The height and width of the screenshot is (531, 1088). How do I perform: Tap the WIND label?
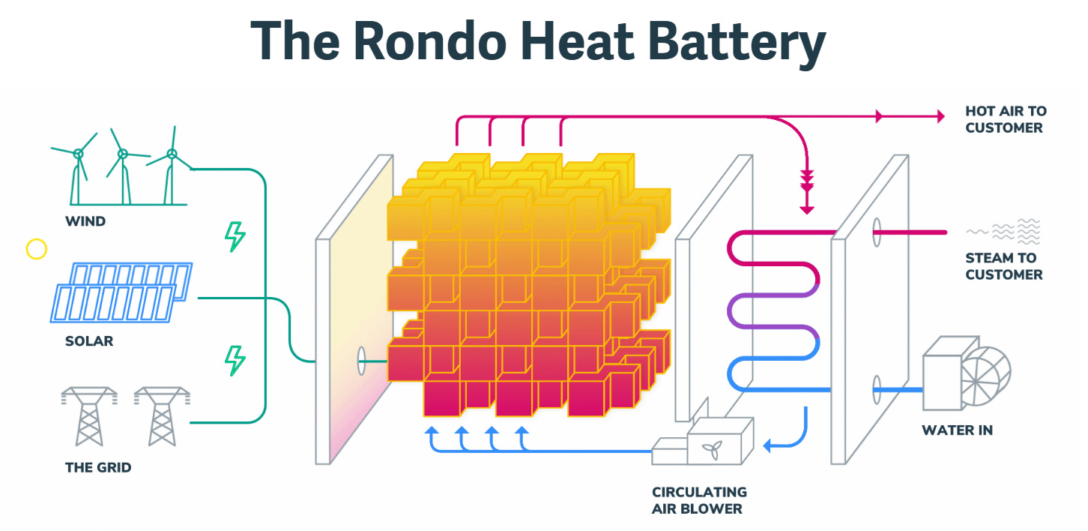[85, 221]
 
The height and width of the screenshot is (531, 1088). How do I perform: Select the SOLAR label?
[89, 341]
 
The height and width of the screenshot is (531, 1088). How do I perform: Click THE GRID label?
[98, 467]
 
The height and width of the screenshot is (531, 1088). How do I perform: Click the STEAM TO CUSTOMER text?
[1003, 266]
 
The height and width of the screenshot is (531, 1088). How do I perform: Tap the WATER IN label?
[957, 430]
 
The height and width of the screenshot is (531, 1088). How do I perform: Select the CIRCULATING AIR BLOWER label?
[699, 500]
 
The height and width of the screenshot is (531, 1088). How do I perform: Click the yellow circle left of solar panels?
[37, 249]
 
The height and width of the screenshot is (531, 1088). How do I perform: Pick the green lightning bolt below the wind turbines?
[235, 237]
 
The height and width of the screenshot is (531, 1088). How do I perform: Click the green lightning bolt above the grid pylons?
[235, 360]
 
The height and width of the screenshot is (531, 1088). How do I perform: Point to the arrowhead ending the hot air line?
[939, 115]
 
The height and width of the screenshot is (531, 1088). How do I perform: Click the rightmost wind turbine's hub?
[172, 154]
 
